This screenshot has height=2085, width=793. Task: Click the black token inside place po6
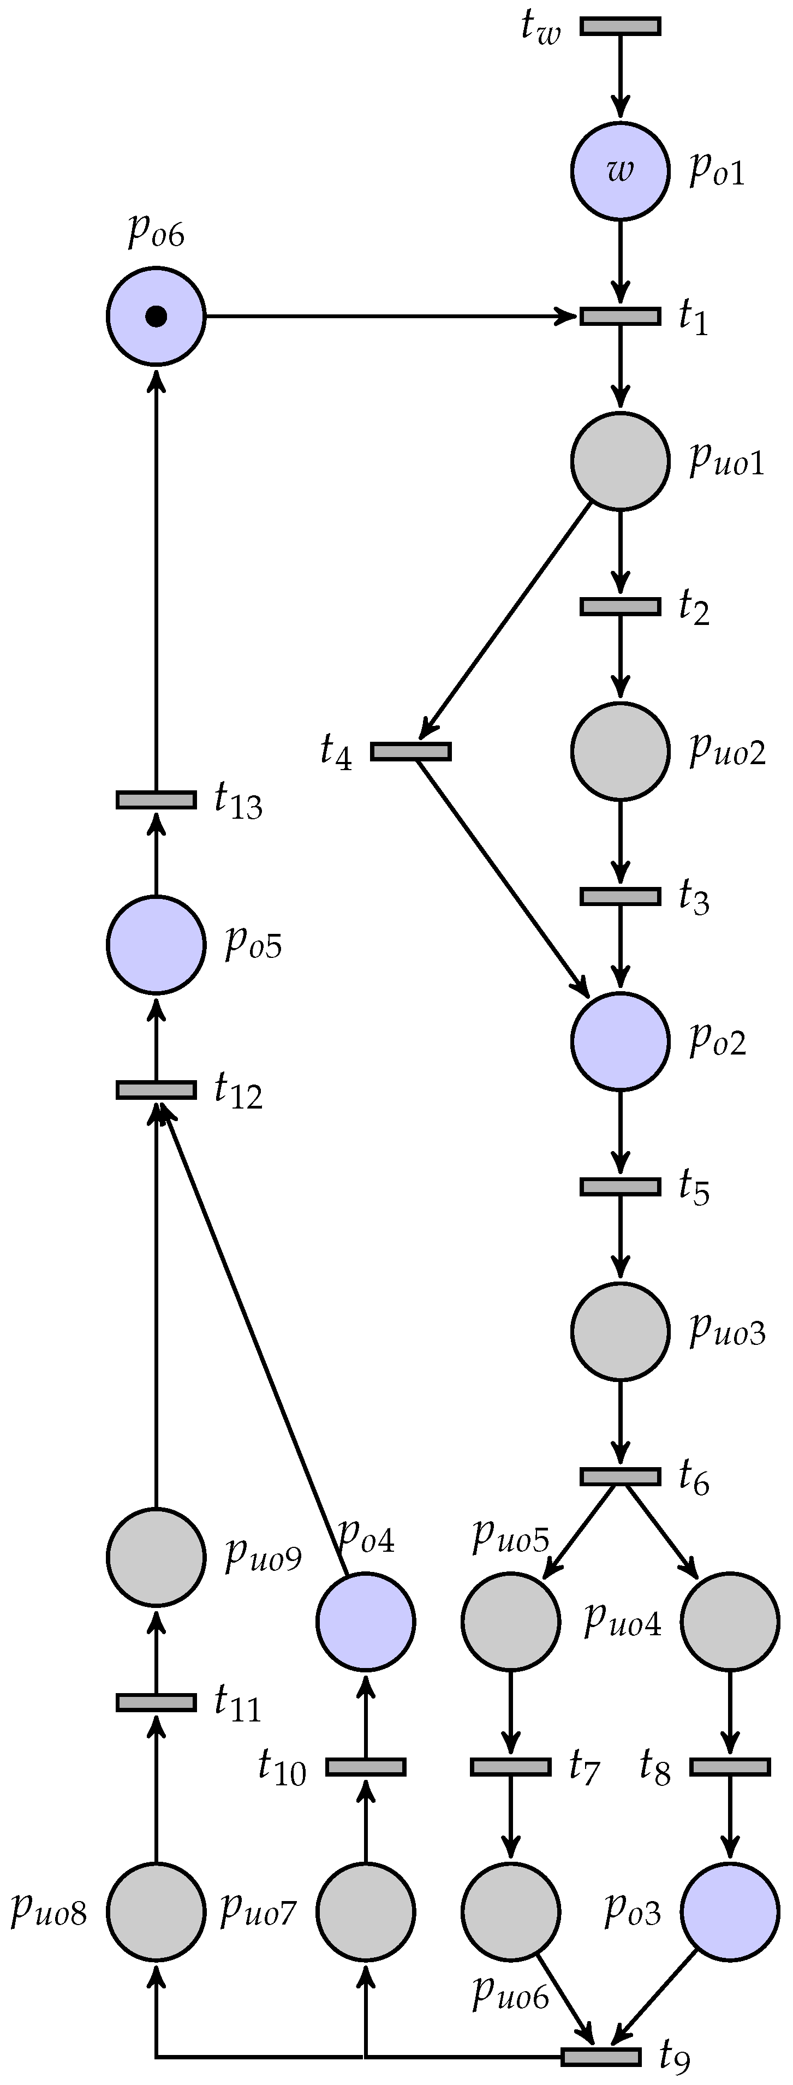click(x=156, y=317)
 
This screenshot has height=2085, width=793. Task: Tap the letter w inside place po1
click(x=620, y=171)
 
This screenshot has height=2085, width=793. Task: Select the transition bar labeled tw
click(x=621, y=27)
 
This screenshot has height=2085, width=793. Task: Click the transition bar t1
click(x=621, y=315)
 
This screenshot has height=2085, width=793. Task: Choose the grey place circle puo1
click(x=621, y=461)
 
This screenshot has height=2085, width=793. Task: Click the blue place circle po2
click(x=621, y=1040)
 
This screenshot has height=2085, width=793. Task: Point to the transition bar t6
click(x=621, y=1476)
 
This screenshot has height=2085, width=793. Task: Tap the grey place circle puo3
click(x=621, y=1331)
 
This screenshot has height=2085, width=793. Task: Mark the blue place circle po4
click(x=366, y=1621)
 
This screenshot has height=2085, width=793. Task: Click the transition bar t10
click(x=366, y=1767)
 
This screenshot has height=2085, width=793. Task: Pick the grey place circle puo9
click(x=156, y=1557)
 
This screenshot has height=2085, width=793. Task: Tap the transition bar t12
click(x=156, y=1090)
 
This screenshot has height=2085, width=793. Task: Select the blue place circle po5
click(x=156, y=944)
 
